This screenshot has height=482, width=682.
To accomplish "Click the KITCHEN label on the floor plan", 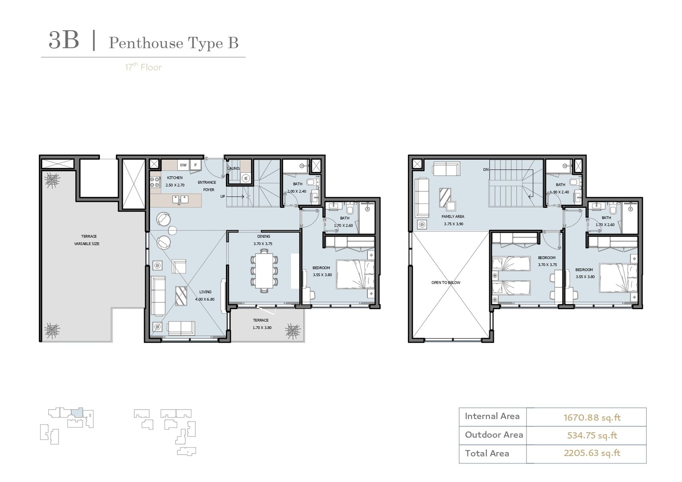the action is [175, 178].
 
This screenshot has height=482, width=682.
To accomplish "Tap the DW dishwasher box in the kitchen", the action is [183, 165].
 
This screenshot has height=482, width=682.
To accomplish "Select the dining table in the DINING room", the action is [264, 271].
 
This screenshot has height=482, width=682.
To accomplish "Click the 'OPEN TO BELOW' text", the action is [446, 282].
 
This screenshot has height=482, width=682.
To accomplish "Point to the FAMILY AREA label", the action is [453, 217].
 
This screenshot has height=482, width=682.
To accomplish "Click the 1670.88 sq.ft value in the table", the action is [592, 418].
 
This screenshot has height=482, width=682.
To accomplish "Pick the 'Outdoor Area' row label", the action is [494, 435].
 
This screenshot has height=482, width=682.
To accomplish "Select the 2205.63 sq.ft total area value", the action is [592, 453].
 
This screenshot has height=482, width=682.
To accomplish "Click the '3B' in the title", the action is [64, 40].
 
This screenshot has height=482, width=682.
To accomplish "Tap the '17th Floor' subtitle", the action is [143, 66].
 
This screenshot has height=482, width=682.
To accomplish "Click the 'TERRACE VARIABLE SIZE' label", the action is [87, 240].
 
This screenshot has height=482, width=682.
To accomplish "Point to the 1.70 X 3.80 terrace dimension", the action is [262, 327].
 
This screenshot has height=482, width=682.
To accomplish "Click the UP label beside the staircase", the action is [223, 196].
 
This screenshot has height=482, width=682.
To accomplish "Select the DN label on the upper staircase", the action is [486, 169].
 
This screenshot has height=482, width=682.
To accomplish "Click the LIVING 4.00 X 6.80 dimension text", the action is [205, 299].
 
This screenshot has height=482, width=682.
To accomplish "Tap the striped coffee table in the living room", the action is [181, 296].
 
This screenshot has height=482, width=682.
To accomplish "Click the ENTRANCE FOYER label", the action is [207, 186].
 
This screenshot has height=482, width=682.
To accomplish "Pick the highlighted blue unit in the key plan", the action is [77, 412].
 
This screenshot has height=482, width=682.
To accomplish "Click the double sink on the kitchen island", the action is [180, 200].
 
